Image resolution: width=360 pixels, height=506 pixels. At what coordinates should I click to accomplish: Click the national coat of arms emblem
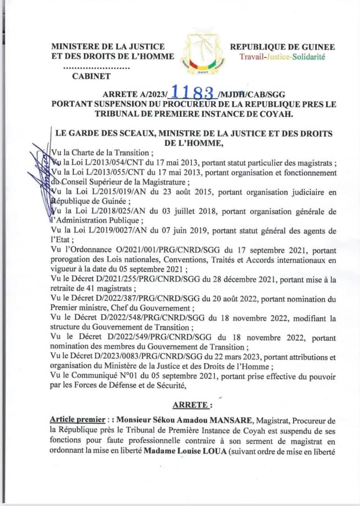tap(202, 53)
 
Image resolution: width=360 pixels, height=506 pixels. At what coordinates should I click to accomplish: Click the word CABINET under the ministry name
tap(91, 76)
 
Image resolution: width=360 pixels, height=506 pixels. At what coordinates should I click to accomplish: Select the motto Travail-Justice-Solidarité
tap(282, 57)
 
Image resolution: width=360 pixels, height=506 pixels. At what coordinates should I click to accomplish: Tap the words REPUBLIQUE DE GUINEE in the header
tap(282, 47)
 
